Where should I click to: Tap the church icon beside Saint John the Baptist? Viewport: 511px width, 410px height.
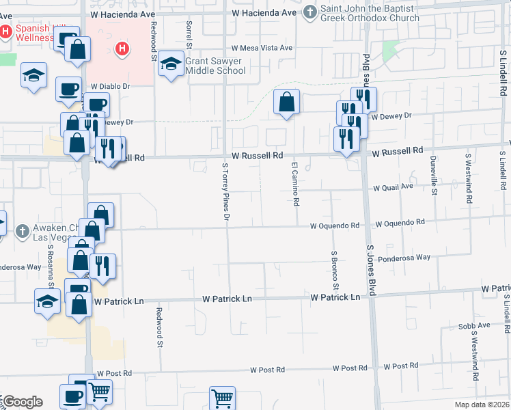pos(310,12)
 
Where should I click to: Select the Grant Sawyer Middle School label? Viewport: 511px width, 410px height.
pos(215,66)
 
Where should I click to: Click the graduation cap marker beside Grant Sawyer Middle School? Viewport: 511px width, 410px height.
pos(170,64)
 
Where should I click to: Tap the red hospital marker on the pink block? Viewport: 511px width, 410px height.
pos(122,49)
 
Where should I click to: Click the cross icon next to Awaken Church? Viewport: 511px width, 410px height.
pos(21,230)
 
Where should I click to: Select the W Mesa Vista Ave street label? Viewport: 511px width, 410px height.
pos(262,48)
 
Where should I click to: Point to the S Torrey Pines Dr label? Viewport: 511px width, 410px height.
pos(225,192)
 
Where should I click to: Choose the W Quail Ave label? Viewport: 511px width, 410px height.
pos(393,186)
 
